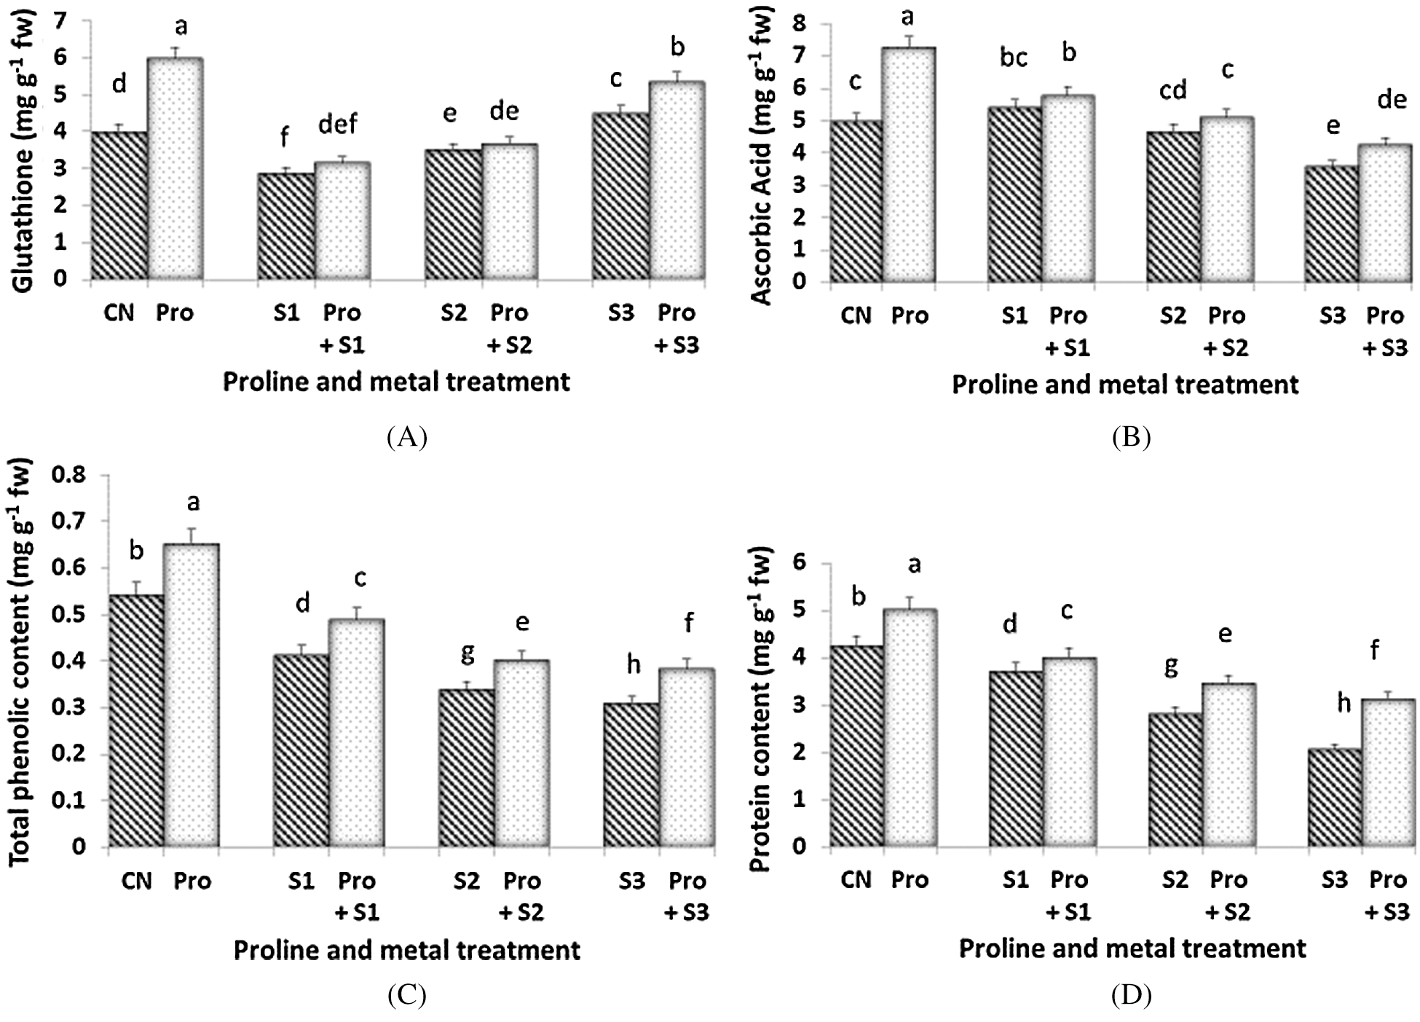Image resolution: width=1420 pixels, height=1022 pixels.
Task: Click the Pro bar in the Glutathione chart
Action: [175, 169]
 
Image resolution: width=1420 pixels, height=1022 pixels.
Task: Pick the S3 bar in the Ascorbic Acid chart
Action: [1332, 224]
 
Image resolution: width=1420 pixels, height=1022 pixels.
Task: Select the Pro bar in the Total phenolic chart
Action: [192, 695]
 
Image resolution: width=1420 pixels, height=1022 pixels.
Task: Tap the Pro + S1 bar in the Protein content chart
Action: [1069, 752]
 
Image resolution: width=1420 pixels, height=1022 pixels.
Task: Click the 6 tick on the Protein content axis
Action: [800, 563]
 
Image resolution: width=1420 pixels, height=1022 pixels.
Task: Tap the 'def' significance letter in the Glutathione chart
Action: [339, 124]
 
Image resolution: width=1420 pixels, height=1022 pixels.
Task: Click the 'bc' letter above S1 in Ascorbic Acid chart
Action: [1014, 58]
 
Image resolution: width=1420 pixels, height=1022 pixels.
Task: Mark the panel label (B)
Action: [1131, 437]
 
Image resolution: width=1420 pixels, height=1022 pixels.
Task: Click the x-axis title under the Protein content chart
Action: [1132, 948]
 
